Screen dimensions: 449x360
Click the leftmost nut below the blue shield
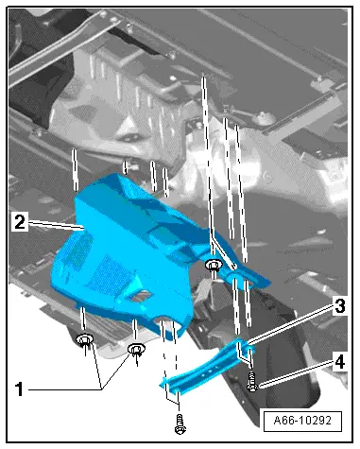[x=86, y=340]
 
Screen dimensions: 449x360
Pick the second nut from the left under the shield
[x=136, y=352]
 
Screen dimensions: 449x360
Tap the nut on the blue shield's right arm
[x=213, y=266]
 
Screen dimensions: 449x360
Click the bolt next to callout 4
[x=251, y=383]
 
